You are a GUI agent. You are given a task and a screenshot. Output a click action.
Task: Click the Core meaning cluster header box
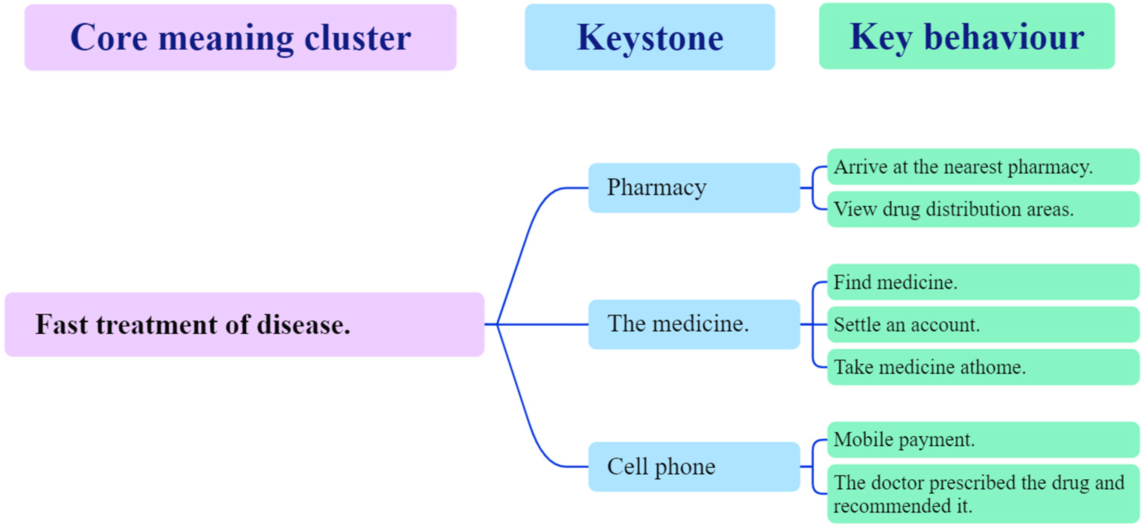tap(240, 37)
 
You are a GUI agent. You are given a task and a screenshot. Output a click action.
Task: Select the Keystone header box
tap(649, 37)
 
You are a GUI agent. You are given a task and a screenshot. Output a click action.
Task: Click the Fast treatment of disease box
tap(244, 325)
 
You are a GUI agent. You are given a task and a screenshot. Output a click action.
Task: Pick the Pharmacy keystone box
tap(694, 188)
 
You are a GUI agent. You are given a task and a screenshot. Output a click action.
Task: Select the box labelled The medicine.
tap(694, 325)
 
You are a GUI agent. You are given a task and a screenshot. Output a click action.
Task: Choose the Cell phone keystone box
tap(694, 467)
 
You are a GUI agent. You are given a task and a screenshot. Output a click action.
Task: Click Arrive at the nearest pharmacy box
tap(982, 167)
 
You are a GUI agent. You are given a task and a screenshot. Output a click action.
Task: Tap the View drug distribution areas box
tap(982, 209)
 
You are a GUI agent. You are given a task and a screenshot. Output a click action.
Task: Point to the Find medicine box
tap(982, 282)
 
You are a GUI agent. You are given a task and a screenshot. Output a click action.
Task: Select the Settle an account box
tap(982, 325)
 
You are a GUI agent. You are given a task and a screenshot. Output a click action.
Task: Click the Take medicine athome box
tap(982, 367)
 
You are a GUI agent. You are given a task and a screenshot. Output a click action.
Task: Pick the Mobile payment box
tap(982, 440)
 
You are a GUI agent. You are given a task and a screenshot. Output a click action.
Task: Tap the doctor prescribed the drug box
tap(982, 494)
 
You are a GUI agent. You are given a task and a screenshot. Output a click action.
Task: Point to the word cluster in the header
tap(357, 38)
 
